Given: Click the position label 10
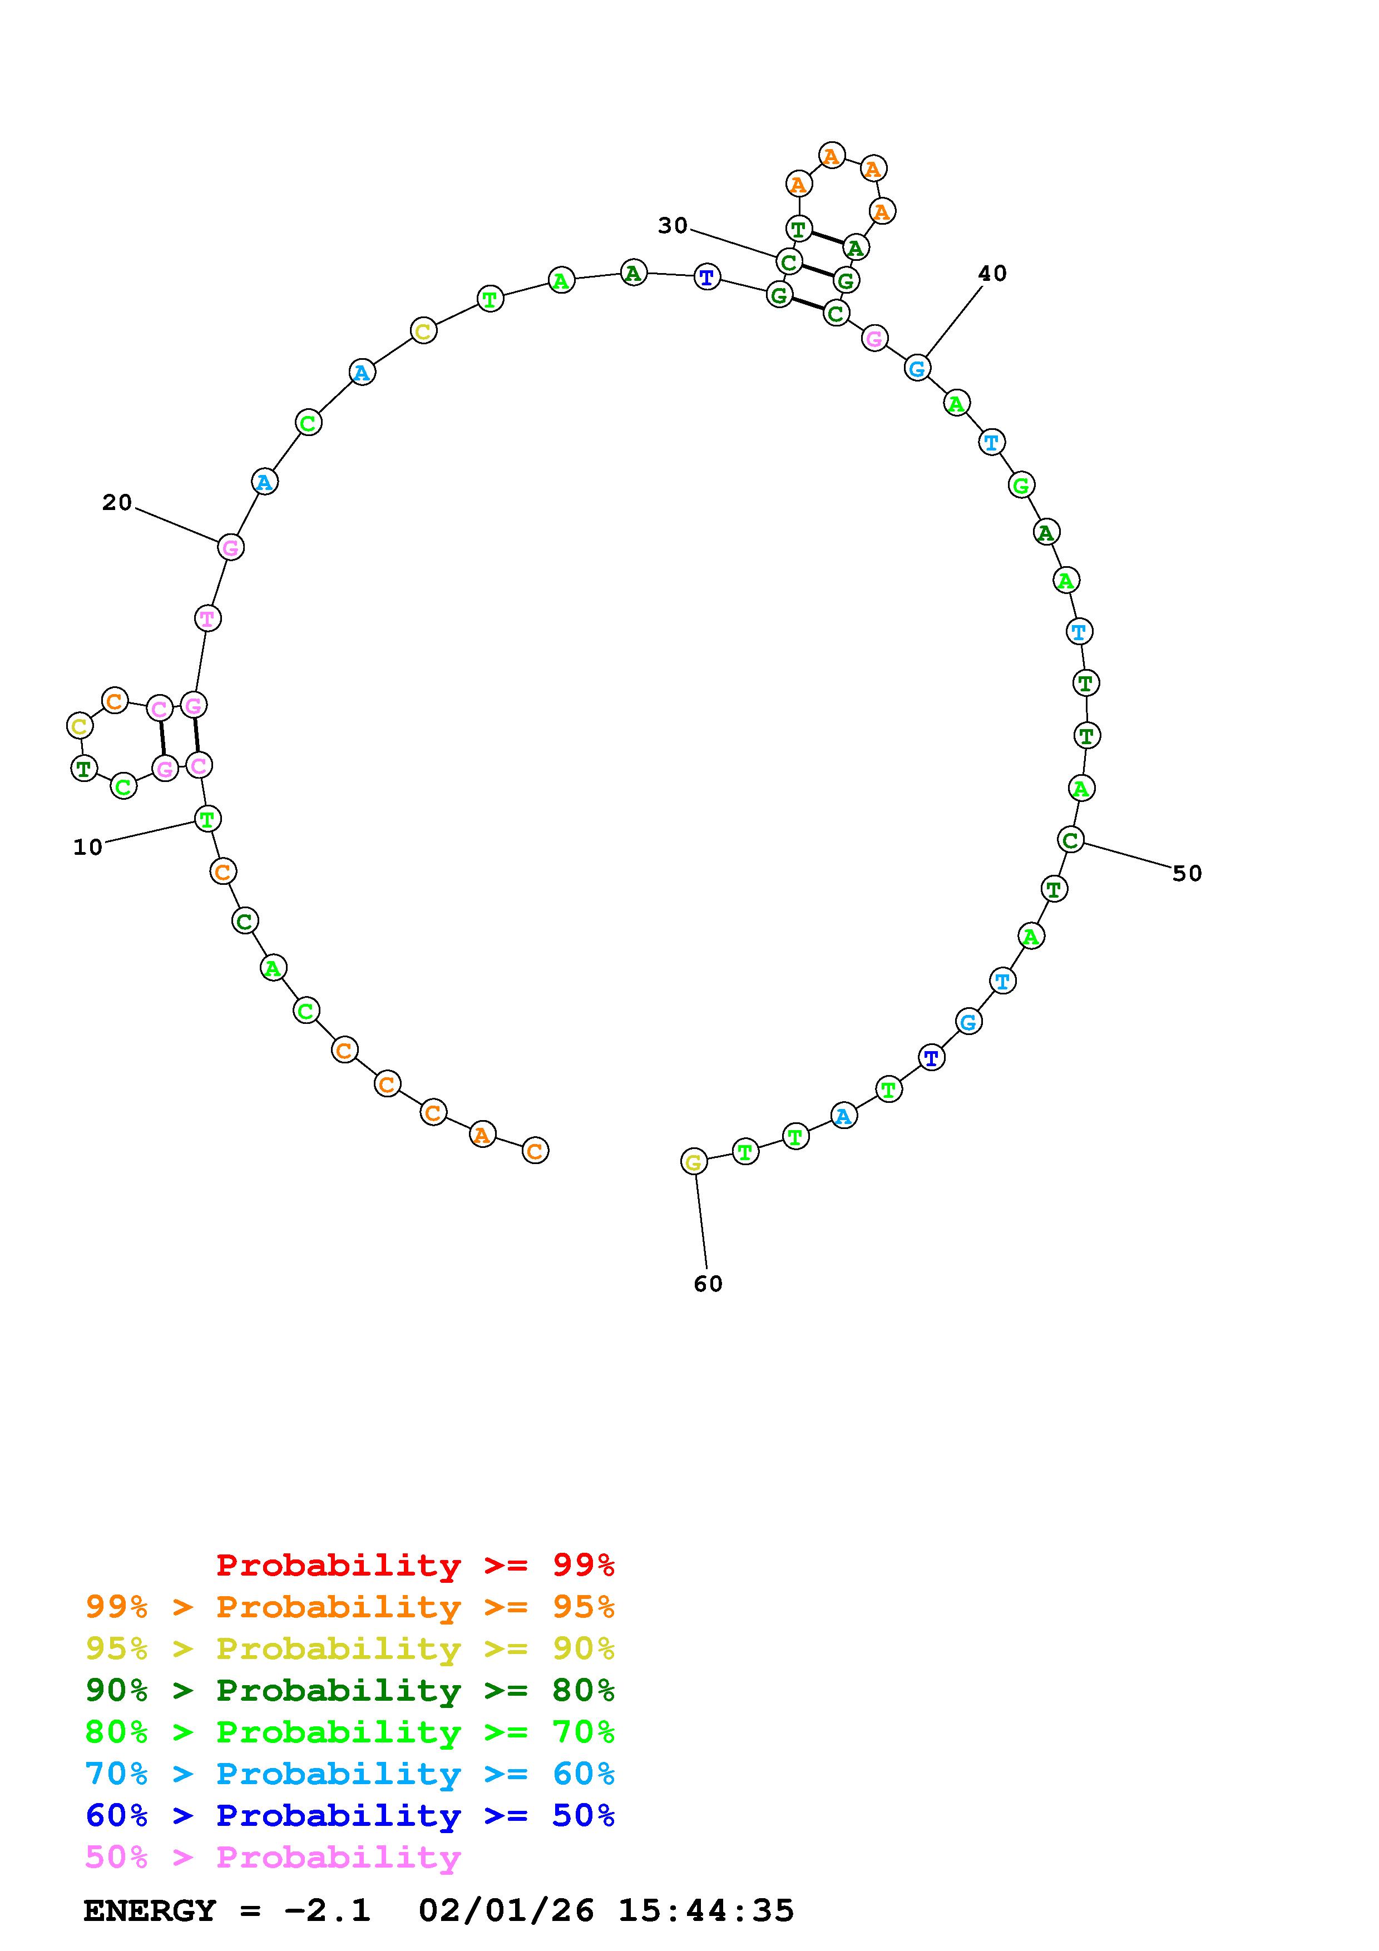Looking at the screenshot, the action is click(x=87, y=847).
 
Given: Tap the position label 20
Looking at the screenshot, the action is click(x=117, y=503).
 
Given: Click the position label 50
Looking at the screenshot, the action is click(x=1187, y=874).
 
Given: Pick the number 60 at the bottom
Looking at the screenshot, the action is click(x=708, y=1284).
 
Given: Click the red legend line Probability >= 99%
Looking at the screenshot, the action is click(x=416, y=1565).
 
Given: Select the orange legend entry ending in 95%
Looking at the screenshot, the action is click(x=350, y=1607).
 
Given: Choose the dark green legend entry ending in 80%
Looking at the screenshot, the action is click(x=350, y=1690).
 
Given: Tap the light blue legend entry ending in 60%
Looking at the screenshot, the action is click(x=350, y=1774).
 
